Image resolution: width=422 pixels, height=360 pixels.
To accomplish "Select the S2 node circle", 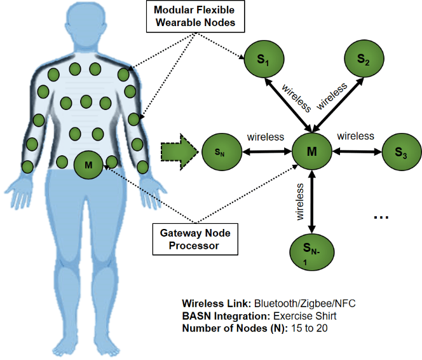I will [362, 59].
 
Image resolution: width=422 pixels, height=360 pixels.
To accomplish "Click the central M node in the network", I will [311, 151].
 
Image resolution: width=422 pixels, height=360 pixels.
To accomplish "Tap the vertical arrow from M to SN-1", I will [311, 201].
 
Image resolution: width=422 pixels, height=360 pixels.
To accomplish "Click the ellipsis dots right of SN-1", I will [381, 218].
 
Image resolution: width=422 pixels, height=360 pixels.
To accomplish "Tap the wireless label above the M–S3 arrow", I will [356, 136].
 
